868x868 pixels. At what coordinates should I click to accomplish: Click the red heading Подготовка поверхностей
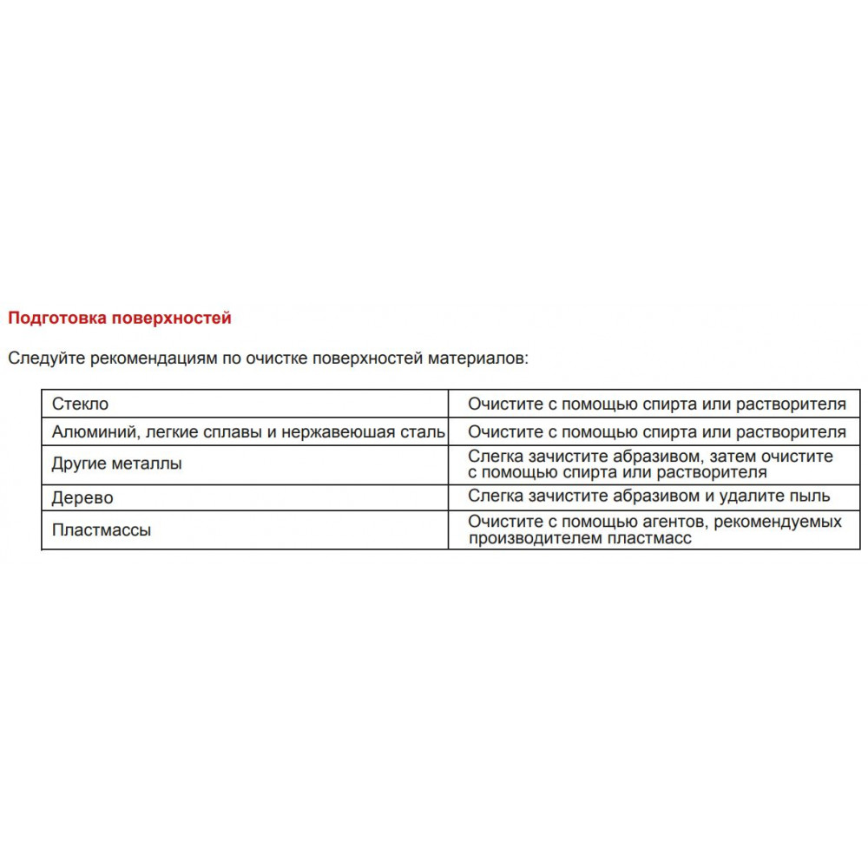pos(120,318)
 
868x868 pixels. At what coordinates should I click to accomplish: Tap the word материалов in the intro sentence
pos(477,358)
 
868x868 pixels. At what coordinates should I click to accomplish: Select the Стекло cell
pos(81,404)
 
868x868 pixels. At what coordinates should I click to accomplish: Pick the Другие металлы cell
pos(117,464)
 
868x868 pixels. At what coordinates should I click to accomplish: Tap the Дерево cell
pos(82,498)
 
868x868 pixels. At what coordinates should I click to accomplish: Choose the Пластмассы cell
pos(102,529)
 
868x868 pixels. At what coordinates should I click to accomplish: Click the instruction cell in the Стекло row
pos(656,404)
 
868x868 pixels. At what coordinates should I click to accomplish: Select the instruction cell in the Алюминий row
pos(656,431)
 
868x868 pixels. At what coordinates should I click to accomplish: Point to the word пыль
pos(812,496)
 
